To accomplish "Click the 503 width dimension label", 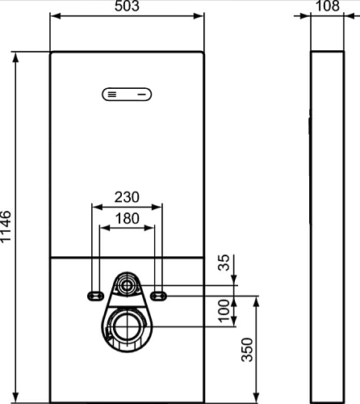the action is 127,6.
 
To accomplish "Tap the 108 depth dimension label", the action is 328,6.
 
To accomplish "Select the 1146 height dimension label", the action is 6,227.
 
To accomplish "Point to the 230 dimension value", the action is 127,197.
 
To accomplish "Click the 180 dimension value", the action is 128,218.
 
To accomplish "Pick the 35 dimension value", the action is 224,263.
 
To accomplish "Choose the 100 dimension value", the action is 224,310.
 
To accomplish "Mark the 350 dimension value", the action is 247,350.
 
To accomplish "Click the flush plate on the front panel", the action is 127,95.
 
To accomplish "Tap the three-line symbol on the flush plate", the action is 112,95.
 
